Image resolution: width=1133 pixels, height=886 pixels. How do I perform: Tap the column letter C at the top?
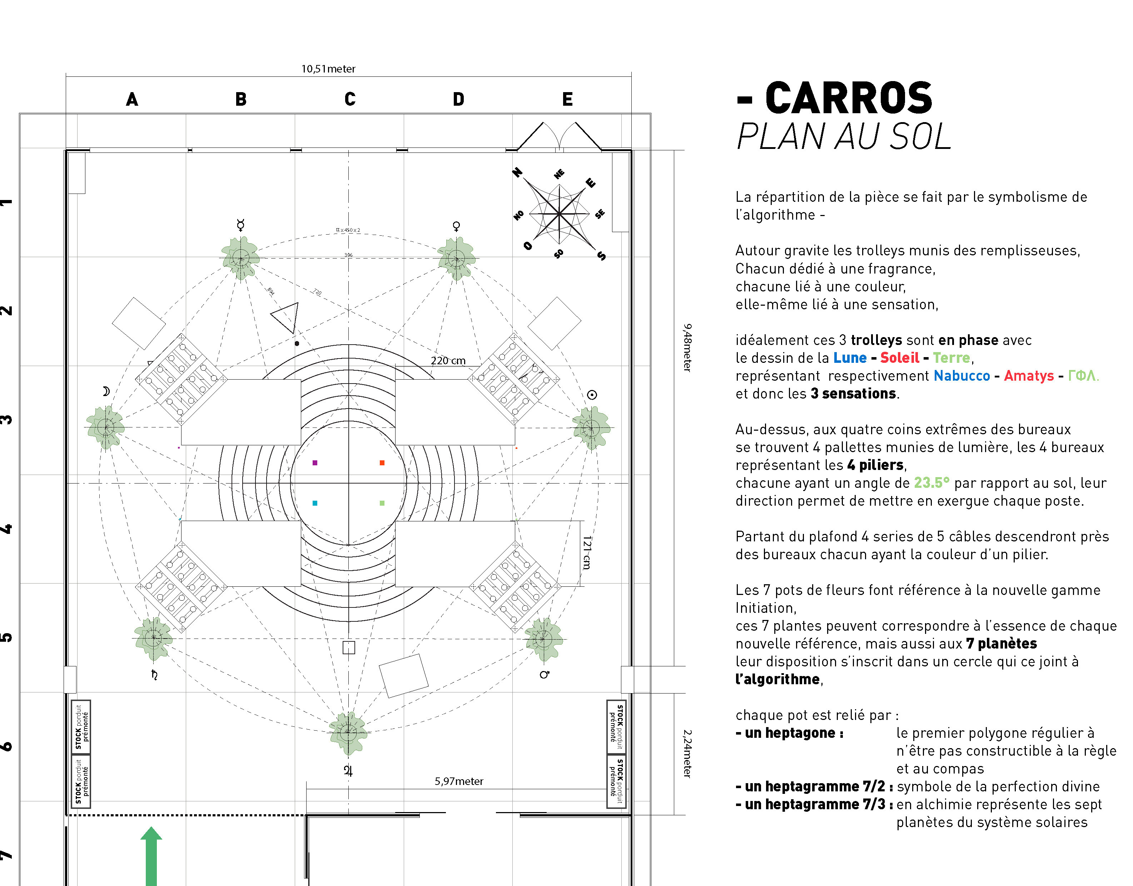point(350,99)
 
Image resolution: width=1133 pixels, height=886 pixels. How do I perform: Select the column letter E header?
point(567,99)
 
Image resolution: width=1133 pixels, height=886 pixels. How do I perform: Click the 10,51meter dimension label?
point(328,69)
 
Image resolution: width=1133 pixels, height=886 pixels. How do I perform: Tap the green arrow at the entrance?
point(151,856)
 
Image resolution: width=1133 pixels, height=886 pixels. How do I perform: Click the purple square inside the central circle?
point(315,463)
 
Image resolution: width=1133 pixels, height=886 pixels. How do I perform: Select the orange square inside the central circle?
point(382,463)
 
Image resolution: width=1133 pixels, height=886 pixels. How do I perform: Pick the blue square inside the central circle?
point(315,503)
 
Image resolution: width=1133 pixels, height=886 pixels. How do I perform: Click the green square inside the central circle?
point(382,503)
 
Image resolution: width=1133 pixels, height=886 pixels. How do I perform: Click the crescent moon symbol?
point(106,391)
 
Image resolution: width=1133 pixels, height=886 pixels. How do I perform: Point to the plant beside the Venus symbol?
point(456,258)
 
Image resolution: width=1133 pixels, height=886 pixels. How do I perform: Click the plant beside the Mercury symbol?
point(241,258)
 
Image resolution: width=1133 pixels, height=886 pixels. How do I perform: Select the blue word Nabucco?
point(962,376)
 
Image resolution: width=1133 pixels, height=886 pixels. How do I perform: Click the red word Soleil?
point(899,358)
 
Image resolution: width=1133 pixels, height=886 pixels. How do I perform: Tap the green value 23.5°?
point(931,483)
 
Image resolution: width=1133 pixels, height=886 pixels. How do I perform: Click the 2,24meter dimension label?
point(687,754)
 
